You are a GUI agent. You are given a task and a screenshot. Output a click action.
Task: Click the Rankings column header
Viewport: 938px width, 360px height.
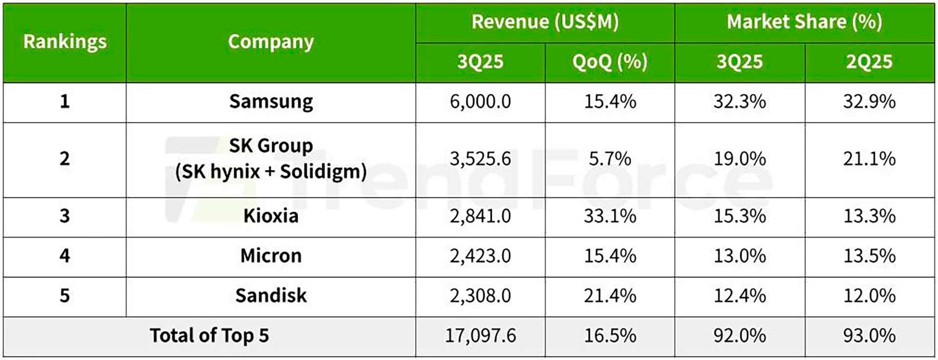click(64, 42)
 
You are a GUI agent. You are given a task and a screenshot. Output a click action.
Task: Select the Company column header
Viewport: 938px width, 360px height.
click(271, 42)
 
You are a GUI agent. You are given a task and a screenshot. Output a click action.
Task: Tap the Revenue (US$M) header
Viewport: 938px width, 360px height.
click(545, 22)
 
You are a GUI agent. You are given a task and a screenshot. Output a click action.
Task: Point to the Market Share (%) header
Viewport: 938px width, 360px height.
click(804, 22)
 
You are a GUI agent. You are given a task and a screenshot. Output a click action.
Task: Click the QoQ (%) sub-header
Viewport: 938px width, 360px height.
click(610, 62)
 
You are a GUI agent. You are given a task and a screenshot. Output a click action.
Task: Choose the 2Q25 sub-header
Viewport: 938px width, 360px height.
click(869, 62)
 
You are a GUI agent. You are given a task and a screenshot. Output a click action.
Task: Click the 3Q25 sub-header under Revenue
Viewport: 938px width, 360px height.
click(480, 62)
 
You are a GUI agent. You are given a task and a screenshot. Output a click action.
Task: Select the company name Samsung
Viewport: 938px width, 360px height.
click(271, 102)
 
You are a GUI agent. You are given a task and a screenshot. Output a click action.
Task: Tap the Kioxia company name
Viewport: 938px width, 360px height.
click(271, 216)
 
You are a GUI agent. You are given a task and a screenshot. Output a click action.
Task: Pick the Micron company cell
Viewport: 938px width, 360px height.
click(271, 256)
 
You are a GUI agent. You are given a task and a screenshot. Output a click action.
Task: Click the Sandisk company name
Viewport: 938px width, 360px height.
click(271, 296)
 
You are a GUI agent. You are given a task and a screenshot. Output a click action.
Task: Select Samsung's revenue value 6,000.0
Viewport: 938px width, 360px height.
click(480, 102)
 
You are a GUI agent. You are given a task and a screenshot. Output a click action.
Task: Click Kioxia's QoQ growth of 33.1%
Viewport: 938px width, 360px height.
click(610, 216)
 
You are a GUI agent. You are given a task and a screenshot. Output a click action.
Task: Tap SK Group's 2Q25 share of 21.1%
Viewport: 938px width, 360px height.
click(869, 159)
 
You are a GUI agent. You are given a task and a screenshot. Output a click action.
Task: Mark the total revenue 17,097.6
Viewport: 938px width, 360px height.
click(480, 336)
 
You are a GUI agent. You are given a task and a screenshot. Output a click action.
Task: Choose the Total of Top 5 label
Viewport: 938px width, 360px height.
click(209, 336)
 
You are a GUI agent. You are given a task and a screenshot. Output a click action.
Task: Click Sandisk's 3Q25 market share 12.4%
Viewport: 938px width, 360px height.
click(739, 296)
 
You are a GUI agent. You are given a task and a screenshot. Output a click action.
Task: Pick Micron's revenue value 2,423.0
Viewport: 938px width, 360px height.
click(480, 256)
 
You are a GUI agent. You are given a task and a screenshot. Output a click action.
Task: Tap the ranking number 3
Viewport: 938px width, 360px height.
click(64, 216)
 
